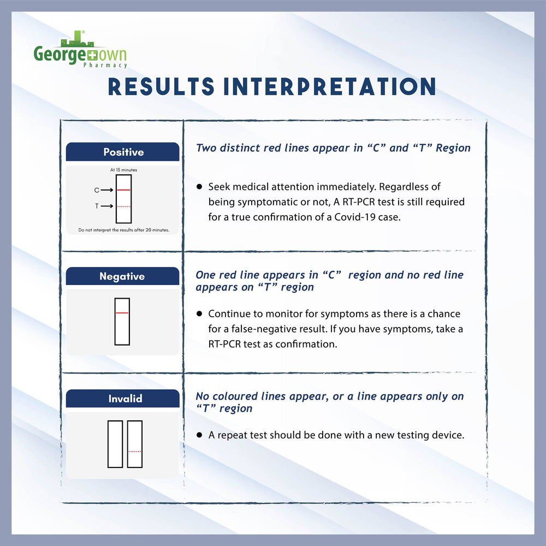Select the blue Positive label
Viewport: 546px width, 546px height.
click(x=123, y=152)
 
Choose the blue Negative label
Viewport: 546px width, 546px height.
click(x=122, y=276)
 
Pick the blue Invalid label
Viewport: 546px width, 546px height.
click(x=122, y=399)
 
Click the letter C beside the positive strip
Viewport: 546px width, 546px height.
click(x=97, y=190)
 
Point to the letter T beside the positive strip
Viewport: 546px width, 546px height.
click(x=97, y=206)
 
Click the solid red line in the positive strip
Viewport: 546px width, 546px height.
click(x=123, y=190)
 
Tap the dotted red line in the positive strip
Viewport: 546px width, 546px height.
click(x=123, y=206)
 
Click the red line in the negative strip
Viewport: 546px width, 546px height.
click(x=122, y=313)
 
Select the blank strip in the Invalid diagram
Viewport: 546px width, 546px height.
click(x=115, y=444)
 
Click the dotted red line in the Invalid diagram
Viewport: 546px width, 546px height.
click(x=134, y=452)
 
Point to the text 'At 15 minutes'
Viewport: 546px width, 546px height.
click(x=123, y=170)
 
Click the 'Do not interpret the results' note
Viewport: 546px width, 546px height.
click(x=123, y=230)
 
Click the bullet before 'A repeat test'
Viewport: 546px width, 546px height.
click(x=200, y=436)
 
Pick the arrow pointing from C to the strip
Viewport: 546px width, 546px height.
click(x=108, y=190)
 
